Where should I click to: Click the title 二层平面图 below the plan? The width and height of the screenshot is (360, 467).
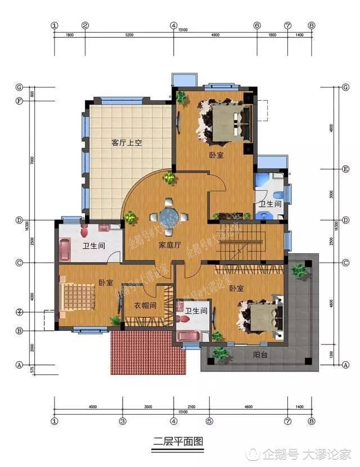point(178,442)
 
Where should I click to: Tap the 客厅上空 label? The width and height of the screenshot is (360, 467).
point(127,143)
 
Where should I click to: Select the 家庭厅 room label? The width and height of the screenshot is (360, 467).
point(169,245)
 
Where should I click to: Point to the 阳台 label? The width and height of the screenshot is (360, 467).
point(260,355)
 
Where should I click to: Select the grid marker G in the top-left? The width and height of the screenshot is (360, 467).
point(19,88)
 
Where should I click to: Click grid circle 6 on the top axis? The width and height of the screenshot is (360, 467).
point(256,25)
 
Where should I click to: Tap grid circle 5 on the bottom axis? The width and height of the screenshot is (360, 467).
point(208,420)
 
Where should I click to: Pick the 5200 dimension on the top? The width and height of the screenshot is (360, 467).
point(129,35)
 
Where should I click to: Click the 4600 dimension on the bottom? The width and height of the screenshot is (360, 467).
point(247,407)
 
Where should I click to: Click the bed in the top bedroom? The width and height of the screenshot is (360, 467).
point(225,121)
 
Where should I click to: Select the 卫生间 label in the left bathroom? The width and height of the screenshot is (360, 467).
point(94,246)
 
